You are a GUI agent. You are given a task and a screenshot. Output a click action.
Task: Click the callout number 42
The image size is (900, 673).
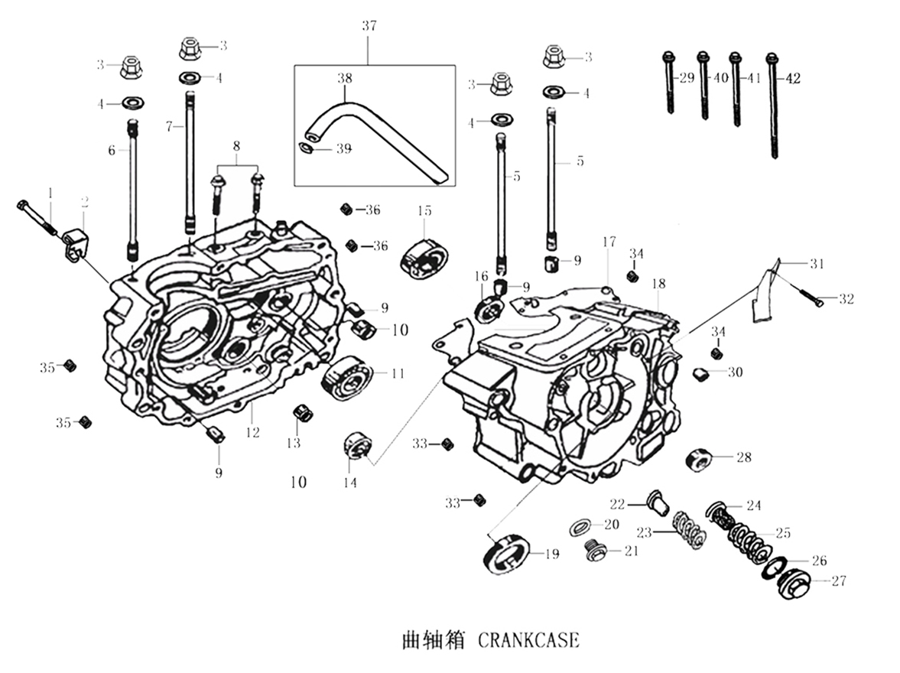[x=792, y=77]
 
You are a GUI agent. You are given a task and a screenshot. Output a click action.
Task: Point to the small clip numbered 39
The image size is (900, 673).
[x=305, y=148]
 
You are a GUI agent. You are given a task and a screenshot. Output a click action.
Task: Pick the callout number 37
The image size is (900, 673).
[x=369, y=25]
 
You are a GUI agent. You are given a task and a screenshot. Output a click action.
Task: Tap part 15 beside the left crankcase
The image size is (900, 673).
[x=422, y=254]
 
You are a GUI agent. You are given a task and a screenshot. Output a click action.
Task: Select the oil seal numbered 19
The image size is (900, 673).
[x=505, y=554]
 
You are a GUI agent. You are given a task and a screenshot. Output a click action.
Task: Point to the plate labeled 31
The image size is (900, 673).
[x=767, y=291]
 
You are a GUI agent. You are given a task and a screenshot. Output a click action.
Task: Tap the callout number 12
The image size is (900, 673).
[x=253, y=432]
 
